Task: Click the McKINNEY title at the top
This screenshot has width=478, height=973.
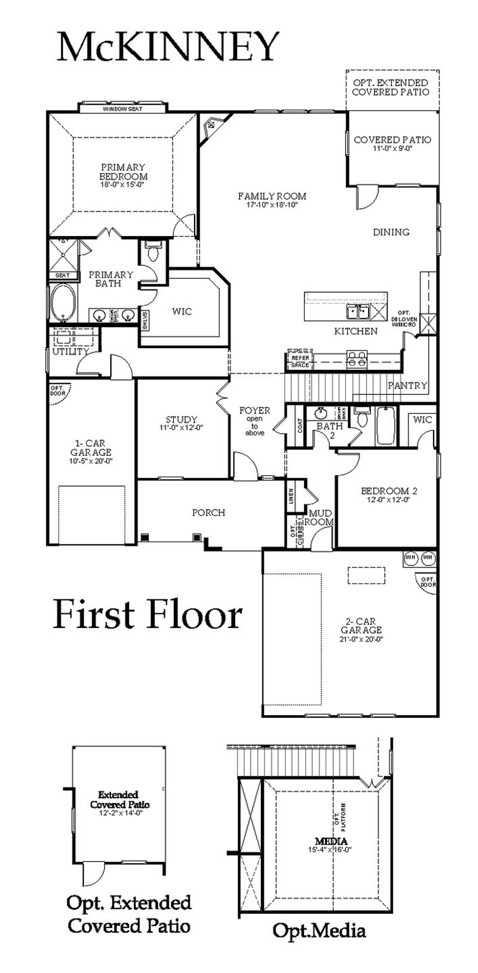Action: tap(168, 47)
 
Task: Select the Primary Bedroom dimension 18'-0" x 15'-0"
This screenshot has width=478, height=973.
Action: tap(122, 185)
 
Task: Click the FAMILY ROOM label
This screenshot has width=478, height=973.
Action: tap(271, 196)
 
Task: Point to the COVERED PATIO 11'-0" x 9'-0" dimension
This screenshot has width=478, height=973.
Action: tap(392, 148)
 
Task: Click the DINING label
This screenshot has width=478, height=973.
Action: tap(391, 232)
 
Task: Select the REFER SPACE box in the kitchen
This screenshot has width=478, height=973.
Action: tap(300, 361)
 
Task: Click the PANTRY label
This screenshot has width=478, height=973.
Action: tap(407, 385)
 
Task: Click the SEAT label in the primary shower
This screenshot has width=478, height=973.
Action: tap(63, 275)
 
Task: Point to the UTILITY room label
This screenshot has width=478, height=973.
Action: tap(70, 352)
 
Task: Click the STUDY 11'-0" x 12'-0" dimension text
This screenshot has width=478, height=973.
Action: tap(181, 428)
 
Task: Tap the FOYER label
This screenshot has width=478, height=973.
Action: tap(255, 410)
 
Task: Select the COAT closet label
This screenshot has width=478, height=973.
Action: tap(300, 426)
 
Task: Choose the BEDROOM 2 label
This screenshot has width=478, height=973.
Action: tap(389, 491)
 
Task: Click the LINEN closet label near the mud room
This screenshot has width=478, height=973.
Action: tap(291, 495)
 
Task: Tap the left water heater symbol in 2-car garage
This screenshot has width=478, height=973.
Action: tap(411, 557)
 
